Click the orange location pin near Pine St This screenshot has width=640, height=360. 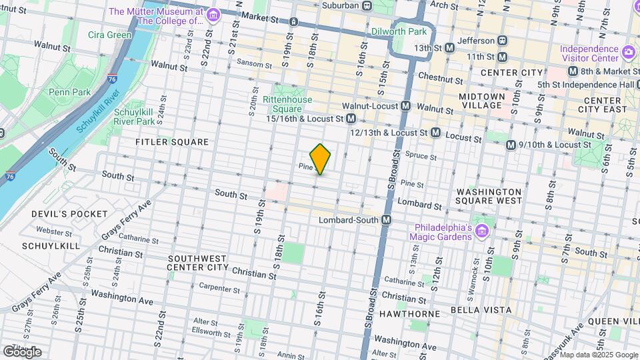[x=320, y=159]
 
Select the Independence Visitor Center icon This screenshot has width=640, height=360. [x=627, y=52]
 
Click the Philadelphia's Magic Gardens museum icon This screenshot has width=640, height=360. [x=483, y=231]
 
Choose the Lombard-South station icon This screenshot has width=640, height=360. [x=385, y=220]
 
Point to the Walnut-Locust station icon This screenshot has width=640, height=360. [x=405, y=106]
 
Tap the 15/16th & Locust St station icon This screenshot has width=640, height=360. [x=351, y=118]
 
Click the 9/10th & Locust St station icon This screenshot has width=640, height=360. [x=511, y=145]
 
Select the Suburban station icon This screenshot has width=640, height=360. [x=367, y=5]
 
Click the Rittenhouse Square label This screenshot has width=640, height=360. [x=287, y=104]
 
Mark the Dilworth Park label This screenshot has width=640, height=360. [x=407, y=31]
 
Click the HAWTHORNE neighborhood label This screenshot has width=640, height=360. [x=409, y=313]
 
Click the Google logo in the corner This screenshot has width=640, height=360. [x=22, y=351]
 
